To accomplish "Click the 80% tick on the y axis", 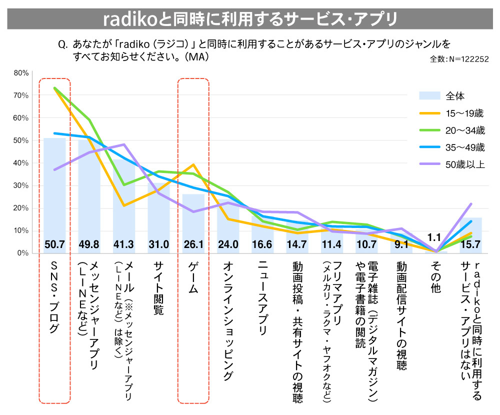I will (x=21, y=72).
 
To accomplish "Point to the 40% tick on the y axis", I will (x=21, y=163).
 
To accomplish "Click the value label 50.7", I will (x=54, y=244).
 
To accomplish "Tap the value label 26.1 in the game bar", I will (x=193, y=244).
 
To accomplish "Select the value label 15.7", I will (x=470, y=244).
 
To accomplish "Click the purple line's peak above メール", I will (x=123, y=144).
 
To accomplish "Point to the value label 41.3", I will (x=123, y=244).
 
